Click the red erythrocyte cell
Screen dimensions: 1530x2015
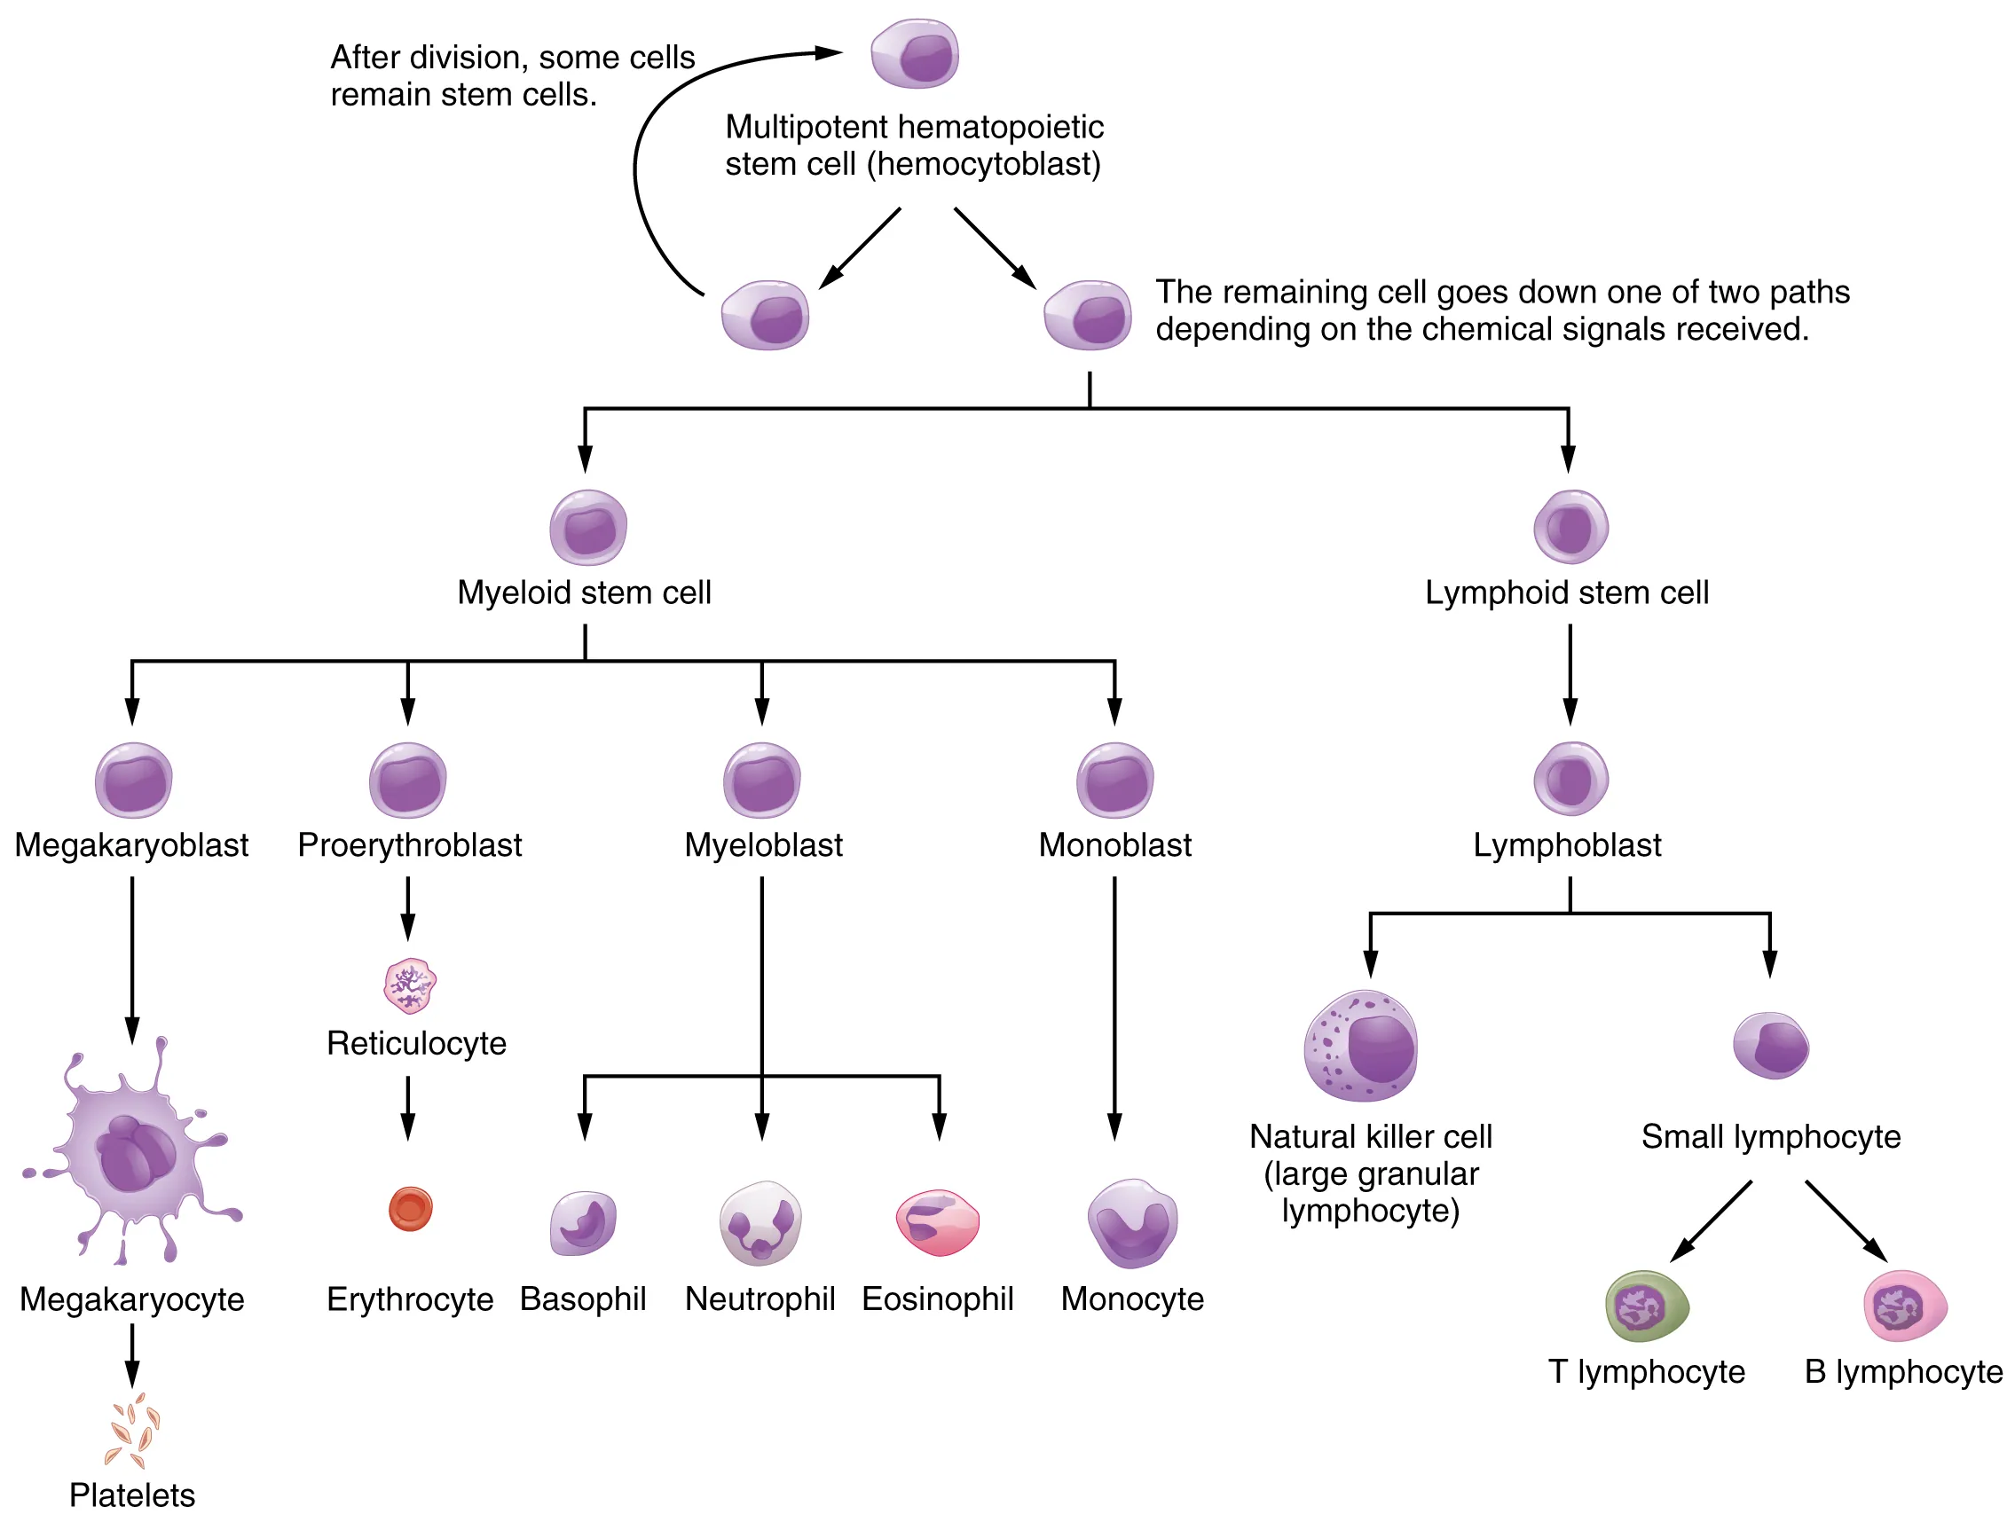(410, 1210)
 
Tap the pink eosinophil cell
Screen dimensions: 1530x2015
(937, 1222)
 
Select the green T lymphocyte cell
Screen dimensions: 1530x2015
(1646, 1306)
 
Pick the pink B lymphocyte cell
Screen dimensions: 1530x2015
(1905, 1306)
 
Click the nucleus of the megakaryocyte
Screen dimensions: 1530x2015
(137, 1155)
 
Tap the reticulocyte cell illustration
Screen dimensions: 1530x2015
(410, 985)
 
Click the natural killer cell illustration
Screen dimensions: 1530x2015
(1361, 1047)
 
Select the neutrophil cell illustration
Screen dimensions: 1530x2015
(760, 1223)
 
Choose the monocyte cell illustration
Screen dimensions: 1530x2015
(1132, 1223)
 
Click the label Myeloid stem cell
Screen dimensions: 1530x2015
(584, 592)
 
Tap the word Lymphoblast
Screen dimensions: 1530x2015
(1567, 845)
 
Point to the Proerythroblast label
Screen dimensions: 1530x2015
(409, 845)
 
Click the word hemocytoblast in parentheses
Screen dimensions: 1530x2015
(984, 165)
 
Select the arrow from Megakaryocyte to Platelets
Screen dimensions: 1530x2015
(132, 1355)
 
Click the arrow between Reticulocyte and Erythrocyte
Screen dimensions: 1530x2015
(408, 1108)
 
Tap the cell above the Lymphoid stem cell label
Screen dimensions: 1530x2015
(1570, 526)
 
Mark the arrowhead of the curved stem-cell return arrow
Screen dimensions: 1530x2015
(829, 53)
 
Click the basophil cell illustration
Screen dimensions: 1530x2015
(583, 1223)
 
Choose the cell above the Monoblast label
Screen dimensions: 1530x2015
(1115, 781)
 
